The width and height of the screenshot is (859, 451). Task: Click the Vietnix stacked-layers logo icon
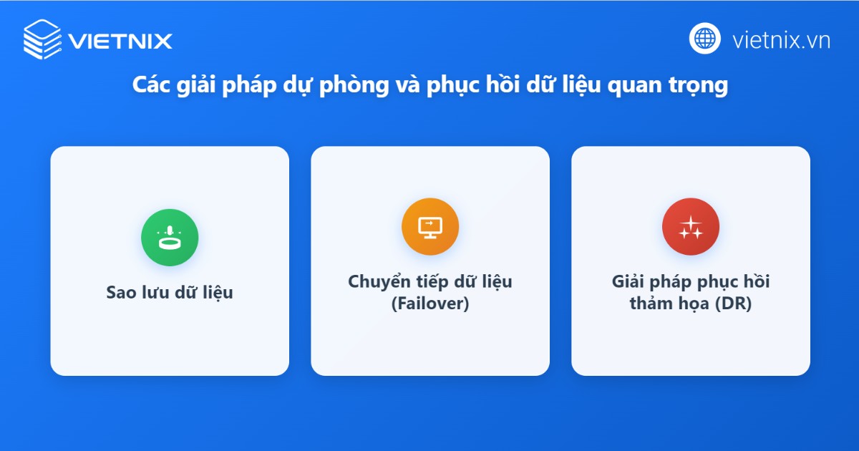coord(42,39)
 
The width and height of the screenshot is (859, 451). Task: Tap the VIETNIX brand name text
coord(120,41)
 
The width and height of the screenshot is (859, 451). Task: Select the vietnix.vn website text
coord(781,40)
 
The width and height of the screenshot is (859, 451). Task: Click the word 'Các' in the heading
coord(150,85)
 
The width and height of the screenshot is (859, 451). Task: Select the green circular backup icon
coord(170,238)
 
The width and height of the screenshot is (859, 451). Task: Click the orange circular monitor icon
coord(430,226)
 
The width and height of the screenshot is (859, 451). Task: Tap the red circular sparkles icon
coord(691,226)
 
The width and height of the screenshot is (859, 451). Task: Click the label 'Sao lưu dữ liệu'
coord(170,293)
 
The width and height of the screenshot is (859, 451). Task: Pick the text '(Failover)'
coord(430,304)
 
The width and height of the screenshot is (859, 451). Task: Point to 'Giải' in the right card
coord(629,281)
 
